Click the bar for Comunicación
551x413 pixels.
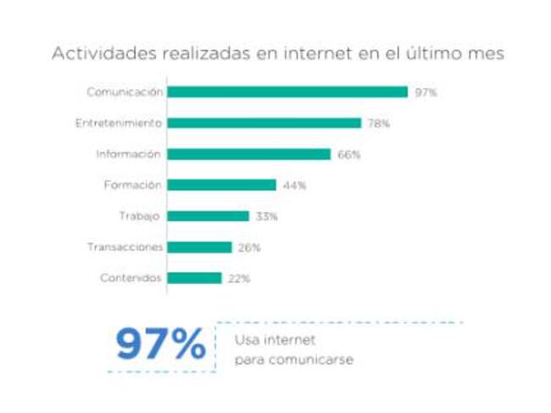[287, 92]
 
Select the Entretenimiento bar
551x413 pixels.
[264, 123]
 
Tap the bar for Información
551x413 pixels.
[248, 154]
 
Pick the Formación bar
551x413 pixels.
[221, 185]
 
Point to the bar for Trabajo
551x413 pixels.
[208, 216]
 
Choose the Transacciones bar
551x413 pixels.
[199, 248]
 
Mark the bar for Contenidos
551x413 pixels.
[194, 278]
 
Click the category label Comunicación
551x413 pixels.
[124, 92]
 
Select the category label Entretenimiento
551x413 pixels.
[118, 123]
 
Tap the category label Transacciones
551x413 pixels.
[124, 248]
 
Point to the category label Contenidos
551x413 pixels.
[131, 278]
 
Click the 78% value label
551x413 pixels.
[378, 124]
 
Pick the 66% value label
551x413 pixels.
[348, 155]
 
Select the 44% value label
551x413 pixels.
[294, 186]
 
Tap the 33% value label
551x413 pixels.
[266, 217]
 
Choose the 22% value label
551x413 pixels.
[239, 279]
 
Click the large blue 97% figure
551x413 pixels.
[160, 345]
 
